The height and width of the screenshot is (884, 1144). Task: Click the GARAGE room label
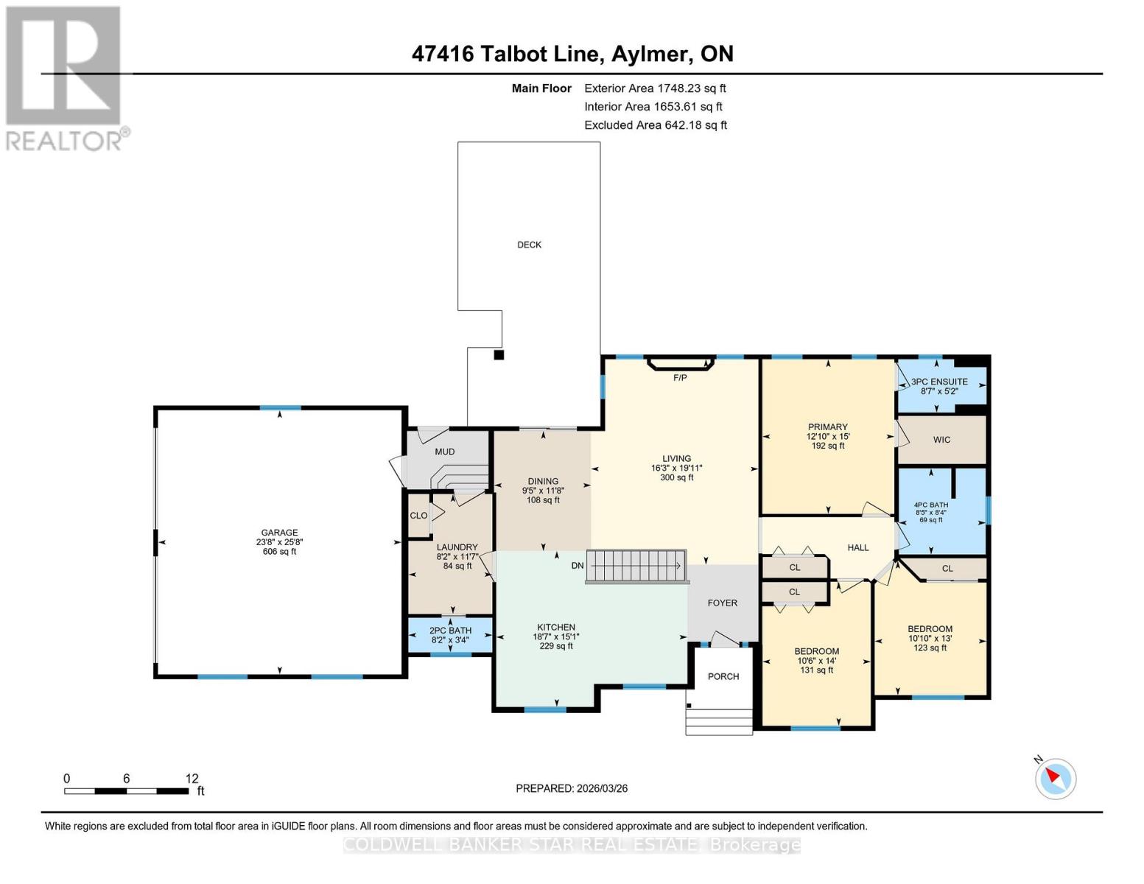click(279, 533)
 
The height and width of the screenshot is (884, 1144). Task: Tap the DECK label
click(529, 245)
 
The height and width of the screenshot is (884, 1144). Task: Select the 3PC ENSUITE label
click(939, 382)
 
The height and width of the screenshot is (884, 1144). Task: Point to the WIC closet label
click(941, 440)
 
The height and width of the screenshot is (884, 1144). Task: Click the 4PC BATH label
click(930, 505)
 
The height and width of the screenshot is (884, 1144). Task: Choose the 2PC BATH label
click(450, 631)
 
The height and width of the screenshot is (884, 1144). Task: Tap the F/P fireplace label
click(680, 378)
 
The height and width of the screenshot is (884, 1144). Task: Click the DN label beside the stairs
click(578, 566)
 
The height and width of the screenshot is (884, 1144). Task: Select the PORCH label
click(723, 676)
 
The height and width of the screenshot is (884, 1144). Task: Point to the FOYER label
click(722, 603)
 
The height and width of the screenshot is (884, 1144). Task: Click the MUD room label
click(444, 452)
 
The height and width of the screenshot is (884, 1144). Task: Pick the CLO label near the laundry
click(418, 516)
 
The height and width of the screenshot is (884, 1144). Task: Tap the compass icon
click(1055, 778)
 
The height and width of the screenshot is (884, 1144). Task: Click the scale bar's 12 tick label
click(192, 779)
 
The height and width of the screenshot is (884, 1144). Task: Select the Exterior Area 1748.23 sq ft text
click(655, 88)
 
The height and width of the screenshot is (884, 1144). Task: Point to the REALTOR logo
click(65, 77)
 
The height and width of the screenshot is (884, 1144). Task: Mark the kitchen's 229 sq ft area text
click(555, 646)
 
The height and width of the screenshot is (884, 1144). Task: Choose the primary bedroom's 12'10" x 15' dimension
click(827, 436)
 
